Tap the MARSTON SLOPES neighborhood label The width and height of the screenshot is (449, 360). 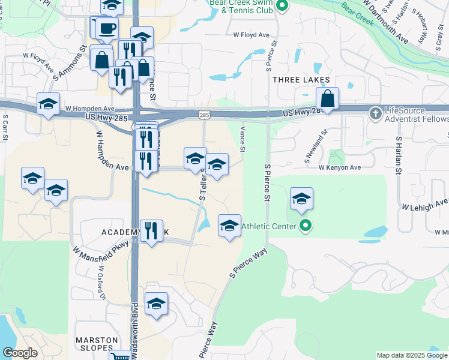(x=96, y=344)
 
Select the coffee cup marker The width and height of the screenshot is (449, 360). (x=107, y=28)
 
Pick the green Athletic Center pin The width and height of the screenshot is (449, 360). (x=306, y=226)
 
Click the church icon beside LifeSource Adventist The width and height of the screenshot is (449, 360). (x=375, y=112)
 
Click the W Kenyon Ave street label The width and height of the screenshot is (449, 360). (x=340, y=168)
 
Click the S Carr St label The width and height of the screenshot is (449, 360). (x=5, y=128)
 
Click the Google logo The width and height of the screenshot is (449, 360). (x=20, y=353)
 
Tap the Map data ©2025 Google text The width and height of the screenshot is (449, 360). (x=412, y=356)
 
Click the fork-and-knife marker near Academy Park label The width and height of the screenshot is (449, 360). (x=151, y=230)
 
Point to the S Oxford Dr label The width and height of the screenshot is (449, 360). (x=101, y=283)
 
